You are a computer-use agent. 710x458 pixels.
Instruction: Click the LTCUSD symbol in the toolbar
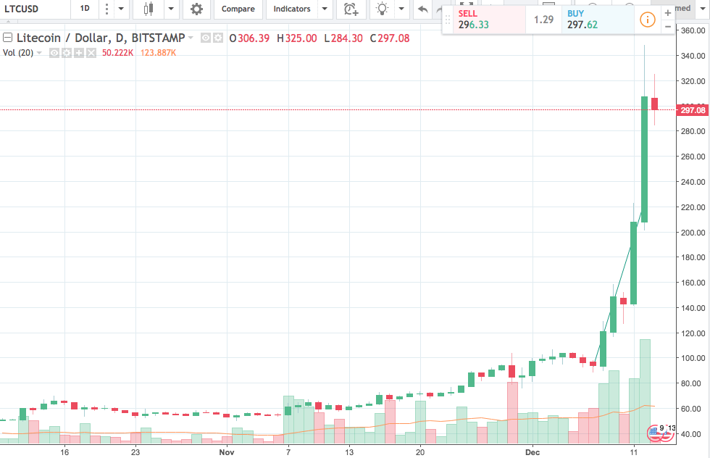[x=21, y=9]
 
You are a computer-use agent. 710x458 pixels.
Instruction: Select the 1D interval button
[x=85, y=9]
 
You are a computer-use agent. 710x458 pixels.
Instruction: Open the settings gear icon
[x=196, y=9]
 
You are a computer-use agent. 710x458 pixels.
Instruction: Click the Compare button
[x=238, y=9]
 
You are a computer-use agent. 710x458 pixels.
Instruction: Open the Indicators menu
[x=292, y=9]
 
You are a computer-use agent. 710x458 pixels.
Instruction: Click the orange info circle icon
[x=648, y=20]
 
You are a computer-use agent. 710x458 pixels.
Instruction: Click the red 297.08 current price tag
[x=692, y=110]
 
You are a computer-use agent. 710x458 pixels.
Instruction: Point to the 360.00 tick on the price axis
[x=692, y=31]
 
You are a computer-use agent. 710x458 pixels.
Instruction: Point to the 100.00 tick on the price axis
[x=692, y=358]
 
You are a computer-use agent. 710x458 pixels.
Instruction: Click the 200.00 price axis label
[x=692, y=233]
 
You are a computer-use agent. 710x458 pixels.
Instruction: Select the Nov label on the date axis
[x=227, y=451]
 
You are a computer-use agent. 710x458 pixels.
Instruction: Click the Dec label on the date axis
[x=532, y=451]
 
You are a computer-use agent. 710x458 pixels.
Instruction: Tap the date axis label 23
[x=135, y=451]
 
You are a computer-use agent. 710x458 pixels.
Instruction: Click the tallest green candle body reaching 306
[x=644, y=159]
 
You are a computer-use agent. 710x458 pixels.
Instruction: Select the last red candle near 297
[x=654, y=104]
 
